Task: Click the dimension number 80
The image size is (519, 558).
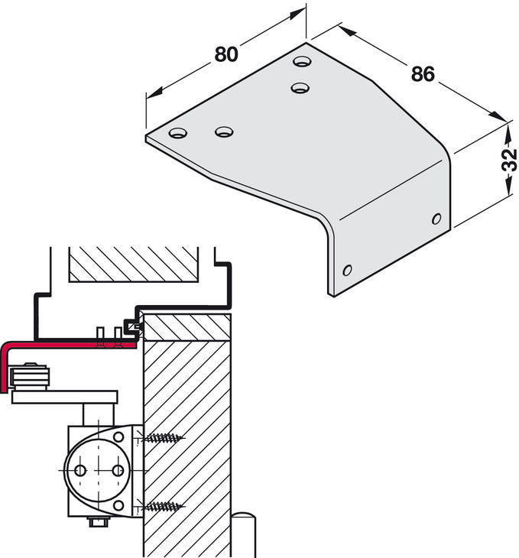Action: (x=226, y=54)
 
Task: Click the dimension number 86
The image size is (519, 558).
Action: (x=423, y=74)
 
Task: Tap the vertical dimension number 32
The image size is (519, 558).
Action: (x=509, y=161)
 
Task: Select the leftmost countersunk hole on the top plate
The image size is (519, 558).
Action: (x=178, y=133)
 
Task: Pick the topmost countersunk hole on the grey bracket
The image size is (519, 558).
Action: (x=302, y=61)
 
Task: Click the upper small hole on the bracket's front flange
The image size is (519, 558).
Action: (x=436, y=219)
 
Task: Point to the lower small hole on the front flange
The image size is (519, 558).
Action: (x=347, y=270)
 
